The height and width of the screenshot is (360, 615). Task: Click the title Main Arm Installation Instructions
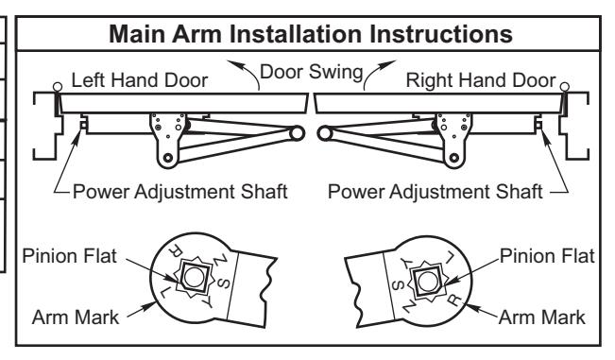311,34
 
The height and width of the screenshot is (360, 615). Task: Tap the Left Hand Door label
140,80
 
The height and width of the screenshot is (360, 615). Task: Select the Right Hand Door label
481,80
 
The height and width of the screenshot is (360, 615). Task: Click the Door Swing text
312,73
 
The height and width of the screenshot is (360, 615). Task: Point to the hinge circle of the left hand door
58,87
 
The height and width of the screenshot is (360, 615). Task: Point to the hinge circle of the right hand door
564,87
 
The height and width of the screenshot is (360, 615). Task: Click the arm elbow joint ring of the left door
297,133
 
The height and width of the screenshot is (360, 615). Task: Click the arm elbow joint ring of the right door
325,133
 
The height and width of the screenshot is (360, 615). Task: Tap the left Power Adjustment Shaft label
180,192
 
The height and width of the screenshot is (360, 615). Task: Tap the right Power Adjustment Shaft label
435,192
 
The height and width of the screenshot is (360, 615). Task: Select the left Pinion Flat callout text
69,256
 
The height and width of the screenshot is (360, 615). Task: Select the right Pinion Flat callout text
547,256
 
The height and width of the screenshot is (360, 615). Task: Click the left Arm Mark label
76,317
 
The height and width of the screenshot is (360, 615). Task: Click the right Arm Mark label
541,317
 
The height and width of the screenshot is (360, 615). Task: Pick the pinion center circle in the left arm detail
193,278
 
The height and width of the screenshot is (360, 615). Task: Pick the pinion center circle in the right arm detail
428,282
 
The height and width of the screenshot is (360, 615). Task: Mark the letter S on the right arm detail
398,285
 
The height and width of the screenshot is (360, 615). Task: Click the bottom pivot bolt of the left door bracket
168,158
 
